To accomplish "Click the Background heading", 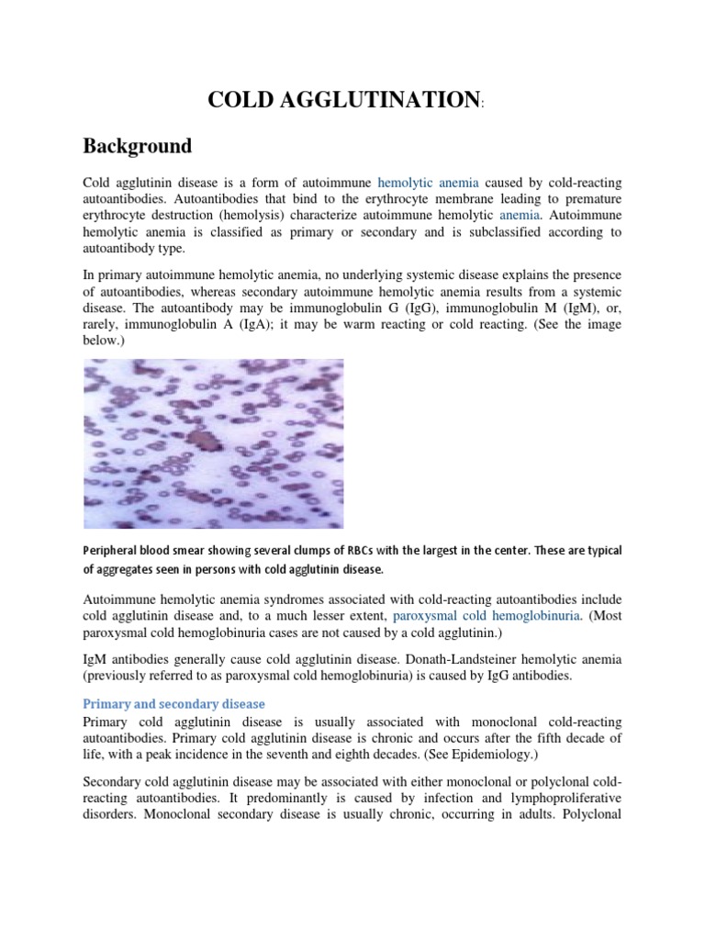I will coord(138,146).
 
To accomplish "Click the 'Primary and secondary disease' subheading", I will coord(174,704).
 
